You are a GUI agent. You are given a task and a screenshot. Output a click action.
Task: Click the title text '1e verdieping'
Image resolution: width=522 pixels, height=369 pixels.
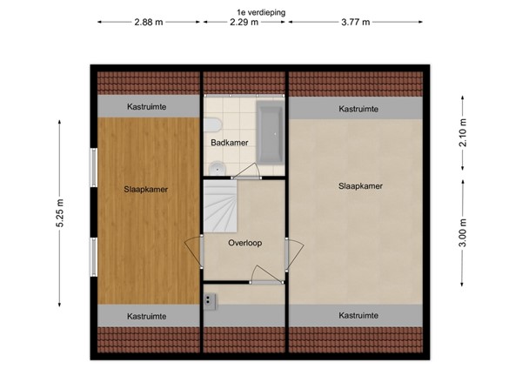260,12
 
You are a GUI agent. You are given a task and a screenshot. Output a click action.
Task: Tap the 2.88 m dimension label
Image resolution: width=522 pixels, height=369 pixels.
148,23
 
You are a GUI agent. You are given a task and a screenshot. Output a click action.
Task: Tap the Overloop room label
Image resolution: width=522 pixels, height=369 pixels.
245,244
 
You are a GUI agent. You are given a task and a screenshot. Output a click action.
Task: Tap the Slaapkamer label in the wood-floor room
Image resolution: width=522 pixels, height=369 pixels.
146,189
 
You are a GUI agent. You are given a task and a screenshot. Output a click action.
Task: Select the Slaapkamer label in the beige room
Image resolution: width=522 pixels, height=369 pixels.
360,185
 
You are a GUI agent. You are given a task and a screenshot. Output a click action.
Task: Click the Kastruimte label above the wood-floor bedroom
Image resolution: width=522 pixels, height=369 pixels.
146,106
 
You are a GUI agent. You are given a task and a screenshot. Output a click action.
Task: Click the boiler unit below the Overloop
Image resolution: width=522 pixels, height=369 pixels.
211,300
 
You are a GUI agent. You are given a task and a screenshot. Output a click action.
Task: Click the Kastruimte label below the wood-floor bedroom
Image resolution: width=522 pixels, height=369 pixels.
147,316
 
